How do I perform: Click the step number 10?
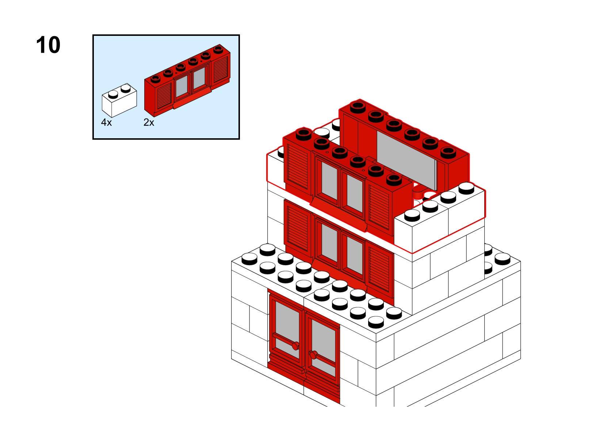pyautogui.click(x=48, y=45)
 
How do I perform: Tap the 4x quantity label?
pyautogui.click(x=106, y=123)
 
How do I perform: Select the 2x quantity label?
pyautogui.click(x=149, y=123)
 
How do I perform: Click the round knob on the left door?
pyautogui.click(x=295, y=346)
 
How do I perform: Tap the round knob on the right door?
pyautogui.click(x=313, y=354)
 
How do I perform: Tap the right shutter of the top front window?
pyautogui.click(x=379, y=207)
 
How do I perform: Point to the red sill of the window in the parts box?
pyautogui.click(x=192, y=98)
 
